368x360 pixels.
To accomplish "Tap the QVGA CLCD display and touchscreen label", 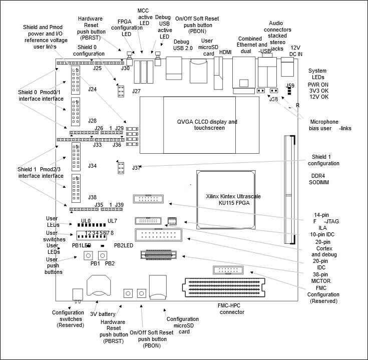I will click(207, 125).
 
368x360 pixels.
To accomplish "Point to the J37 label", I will click(137, 168).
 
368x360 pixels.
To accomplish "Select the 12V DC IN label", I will click(295, 51).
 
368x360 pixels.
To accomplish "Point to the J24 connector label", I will click(92, 89).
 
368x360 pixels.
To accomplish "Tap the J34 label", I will click(92, 165).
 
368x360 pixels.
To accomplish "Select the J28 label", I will click(92, 121).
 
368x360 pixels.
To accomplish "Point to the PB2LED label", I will click(124, 245).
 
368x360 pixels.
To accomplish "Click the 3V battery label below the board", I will click(103, 314).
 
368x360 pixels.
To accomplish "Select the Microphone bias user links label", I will click(330, 125).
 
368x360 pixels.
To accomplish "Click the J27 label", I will click(136, 91).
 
